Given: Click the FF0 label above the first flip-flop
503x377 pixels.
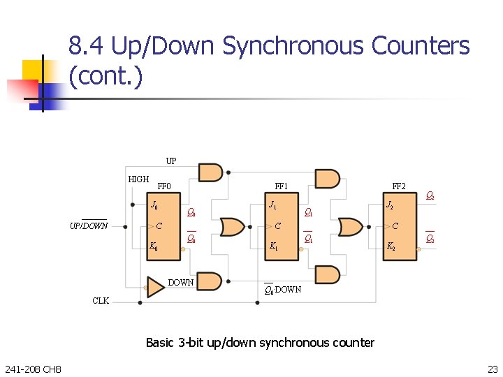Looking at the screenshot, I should click(x=164, y=186).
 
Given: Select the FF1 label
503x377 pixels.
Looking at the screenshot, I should click(x=282, y=186).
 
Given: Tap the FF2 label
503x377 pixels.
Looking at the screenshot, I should click(x=399, y=186).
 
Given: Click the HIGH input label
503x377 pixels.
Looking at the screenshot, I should click(x=138, y=179).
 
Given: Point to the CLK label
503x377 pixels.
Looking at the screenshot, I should click(x=101, y=301).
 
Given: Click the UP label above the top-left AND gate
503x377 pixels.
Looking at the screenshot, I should click(x=171, y=161).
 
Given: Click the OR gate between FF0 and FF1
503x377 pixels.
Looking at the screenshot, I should click(x=231, y=227).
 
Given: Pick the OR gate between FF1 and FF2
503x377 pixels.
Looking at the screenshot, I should click(x=349, y=227).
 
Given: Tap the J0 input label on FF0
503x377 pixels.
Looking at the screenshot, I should click(x=154, y=205).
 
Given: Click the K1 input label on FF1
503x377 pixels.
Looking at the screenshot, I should click(x=272, y=246).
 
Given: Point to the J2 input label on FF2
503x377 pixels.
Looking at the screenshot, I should click(x=390, y=205).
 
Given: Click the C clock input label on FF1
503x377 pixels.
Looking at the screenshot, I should click(x=277, y=226).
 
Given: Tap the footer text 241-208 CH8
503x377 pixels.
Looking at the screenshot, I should click(x=32, y=369).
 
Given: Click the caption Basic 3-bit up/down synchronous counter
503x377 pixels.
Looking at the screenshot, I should click(x=260, y=342).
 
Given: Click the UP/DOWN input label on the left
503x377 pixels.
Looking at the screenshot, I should click(x=89, y=226).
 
